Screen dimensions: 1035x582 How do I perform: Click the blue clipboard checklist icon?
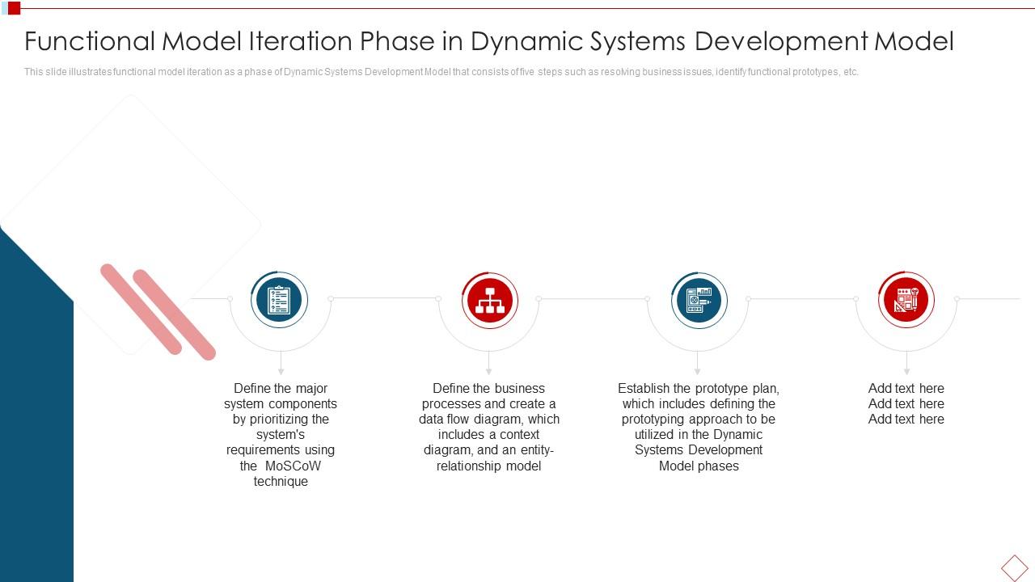tap(279, 300)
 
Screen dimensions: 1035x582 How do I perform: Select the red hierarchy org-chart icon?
tap(490, 300)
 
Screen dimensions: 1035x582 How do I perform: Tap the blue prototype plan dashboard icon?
tap(699, 300)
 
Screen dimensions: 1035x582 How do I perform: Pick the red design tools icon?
tap(906, 300)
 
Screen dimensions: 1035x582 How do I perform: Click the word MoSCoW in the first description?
tap(293, 466)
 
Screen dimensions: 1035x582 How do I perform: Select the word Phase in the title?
tap(397, 40)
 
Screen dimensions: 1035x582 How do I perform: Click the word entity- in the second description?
tap(537, 450)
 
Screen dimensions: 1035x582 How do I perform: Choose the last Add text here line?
tap(906, 419)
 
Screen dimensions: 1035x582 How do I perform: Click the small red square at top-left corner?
tap(15, 8)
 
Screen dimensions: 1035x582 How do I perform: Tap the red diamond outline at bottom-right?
tap(1015, 567)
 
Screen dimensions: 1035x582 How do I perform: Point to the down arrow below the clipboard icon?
tap(281, 363)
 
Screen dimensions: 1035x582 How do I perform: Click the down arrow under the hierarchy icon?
tap(489, 363)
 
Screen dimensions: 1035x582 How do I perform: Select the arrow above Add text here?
tap(906, 363)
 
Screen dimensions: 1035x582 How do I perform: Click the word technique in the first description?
tap(281, 481)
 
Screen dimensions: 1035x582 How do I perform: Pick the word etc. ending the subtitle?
tap(851, 72)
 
